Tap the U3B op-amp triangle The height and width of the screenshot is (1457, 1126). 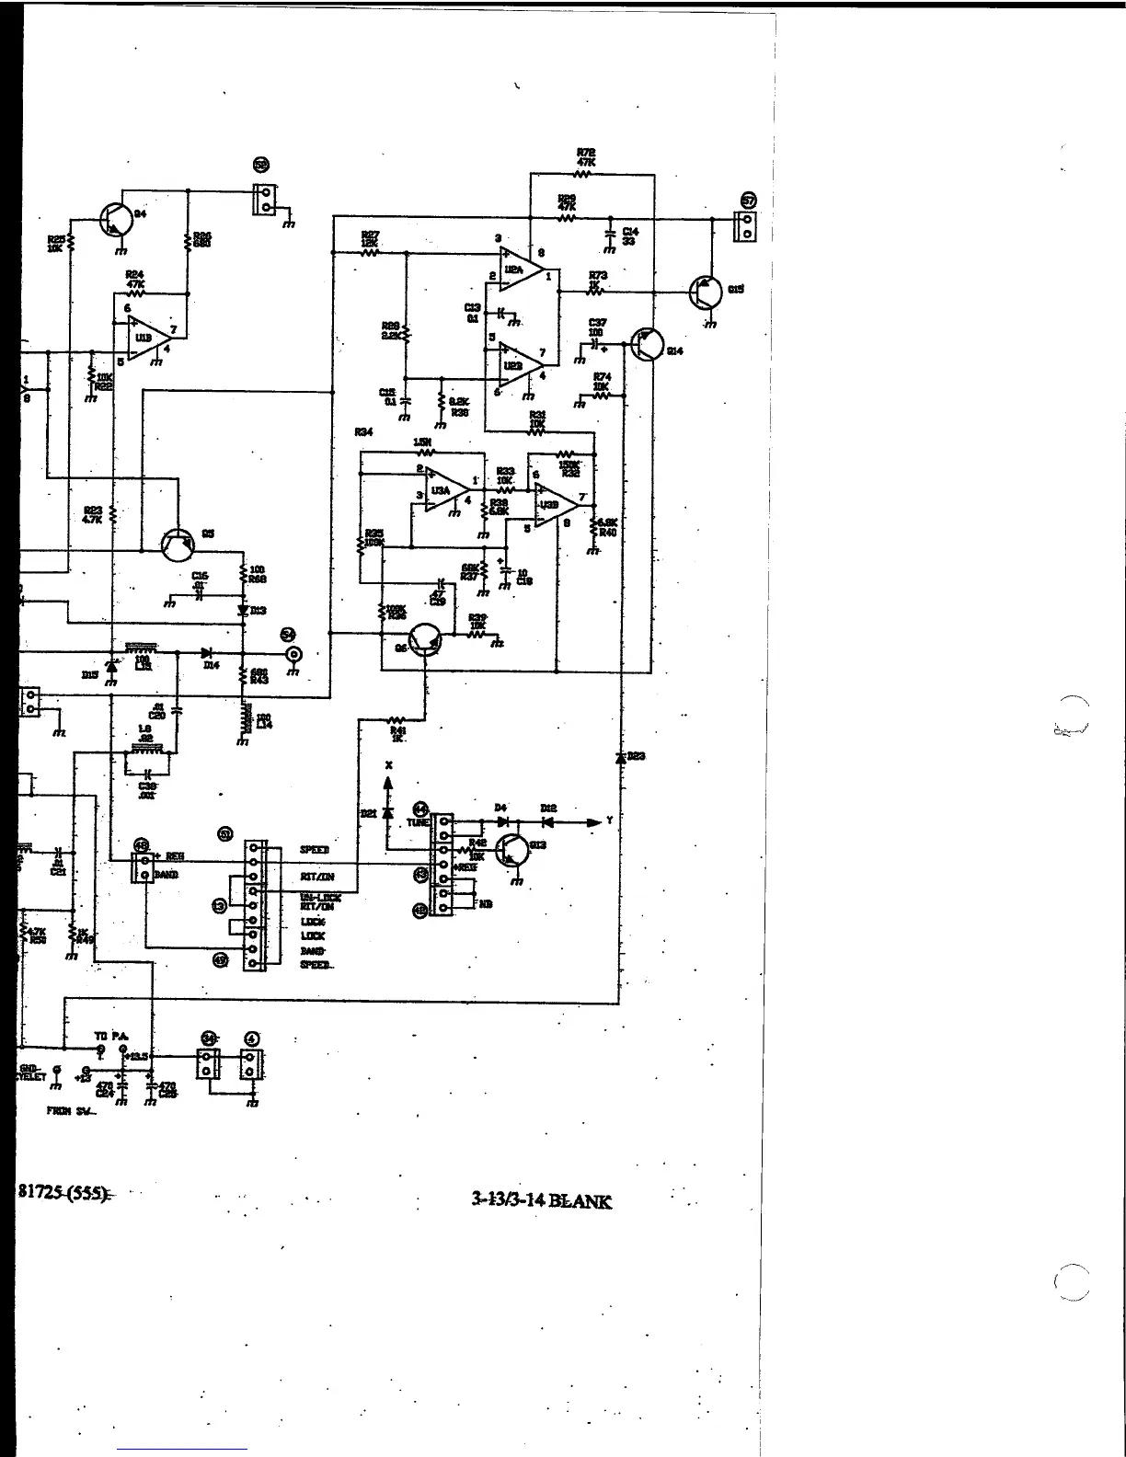click(x=552, y=504)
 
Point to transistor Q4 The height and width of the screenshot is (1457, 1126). click(x=113, y=219)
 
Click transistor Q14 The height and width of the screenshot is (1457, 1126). click(x=648, y=345)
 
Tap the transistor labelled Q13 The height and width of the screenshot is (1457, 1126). click(x=511, y=851)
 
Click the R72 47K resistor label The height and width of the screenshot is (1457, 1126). click(x=586, y=157)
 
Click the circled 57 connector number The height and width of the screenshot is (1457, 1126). click(x=748, y=200)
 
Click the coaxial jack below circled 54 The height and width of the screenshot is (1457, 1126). click(x=293, y=655)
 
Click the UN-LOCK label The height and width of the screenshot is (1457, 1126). click(x=319, y=897)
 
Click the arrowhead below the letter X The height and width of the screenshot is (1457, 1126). click(x=388, y=783)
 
